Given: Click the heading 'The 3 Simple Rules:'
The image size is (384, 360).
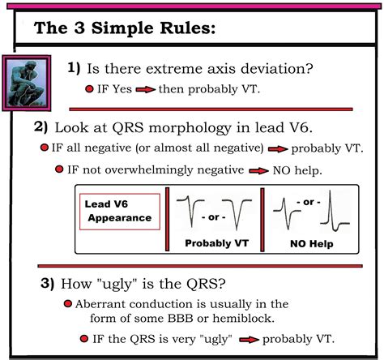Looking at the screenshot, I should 125,29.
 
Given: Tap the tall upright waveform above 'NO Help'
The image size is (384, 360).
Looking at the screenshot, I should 334,212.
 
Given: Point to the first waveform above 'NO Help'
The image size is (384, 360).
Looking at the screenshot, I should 285,213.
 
